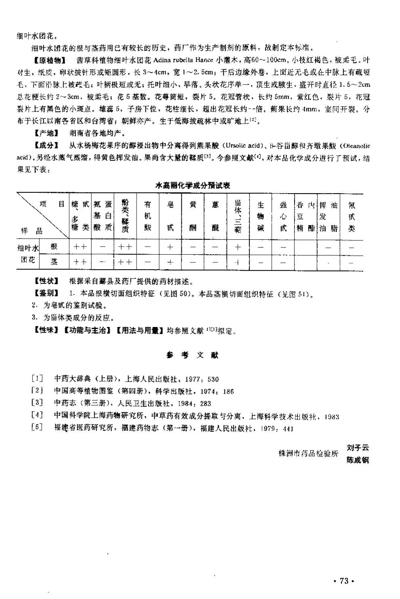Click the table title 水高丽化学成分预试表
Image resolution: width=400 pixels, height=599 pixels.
pos(193,186)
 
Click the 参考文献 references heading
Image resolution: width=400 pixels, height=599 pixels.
pos(192,355)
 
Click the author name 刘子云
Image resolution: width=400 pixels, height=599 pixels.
pos(358,447)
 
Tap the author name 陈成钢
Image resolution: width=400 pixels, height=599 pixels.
pos(358,460)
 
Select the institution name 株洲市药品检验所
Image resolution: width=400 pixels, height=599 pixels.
pos(308,453)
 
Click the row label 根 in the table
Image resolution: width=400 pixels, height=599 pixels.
pos(54,247)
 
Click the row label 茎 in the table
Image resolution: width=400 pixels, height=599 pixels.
pos(54,262)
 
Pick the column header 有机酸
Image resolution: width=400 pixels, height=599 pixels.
pos(148,216)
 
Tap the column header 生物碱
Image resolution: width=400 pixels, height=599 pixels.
pos(261,216)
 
